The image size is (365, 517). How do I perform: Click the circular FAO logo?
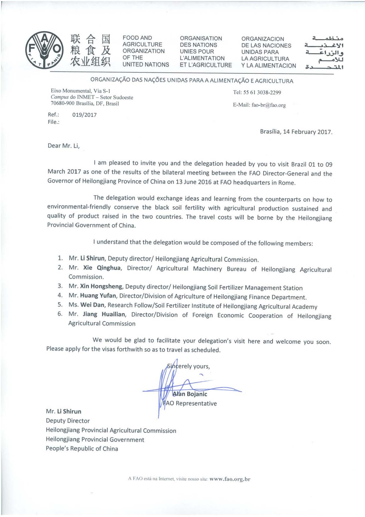pyautogui.click(x=44, y=50)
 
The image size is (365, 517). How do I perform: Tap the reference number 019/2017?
pyautogui.click(x=84, y=115)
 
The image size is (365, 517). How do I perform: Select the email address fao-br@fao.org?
pyautogui.click(x=268, y=105)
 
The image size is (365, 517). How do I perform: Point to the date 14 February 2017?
pyautogui.click(x=308, y=132)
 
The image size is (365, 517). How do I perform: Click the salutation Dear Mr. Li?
pyautogui.click(x=64, y=146)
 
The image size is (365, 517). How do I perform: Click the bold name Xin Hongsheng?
pyautogui.click(x=101, y=286)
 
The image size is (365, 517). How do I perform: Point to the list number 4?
pyautogui.click(x=60, y=295)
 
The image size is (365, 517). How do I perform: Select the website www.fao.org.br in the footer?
pyautogui.click(x=230, y=479)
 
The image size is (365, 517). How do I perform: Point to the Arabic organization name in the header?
pyautogui.click(x=324, y=52)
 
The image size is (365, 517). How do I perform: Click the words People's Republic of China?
pyautogui.click(x=82, y=449)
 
